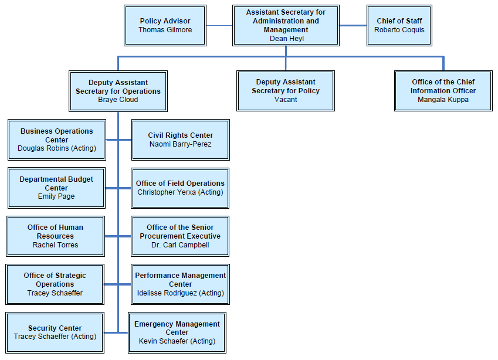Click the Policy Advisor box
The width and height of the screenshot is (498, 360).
point(165,25)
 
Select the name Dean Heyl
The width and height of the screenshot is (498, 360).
point(286,39)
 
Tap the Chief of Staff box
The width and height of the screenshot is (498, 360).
point(399,25)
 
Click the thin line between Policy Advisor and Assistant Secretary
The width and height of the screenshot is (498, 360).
point(219,25)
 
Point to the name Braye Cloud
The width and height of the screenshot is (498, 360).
point(118,100)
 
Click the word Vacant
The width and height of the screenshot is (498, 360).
point(286,100)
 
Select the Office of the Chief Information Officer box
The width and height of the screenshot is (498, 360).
point(443,91)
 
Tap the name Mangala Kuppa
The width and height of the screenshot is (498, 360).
point(443,100)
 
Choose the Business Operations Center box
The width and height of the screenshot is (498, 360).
point(56,140)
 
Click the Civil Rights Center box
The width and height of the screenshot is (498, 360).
point(180,140)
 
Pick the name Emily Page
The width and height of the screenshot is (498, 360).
point(56,196)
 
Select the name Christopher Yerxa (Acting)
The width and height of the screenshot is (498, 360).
point(180,192)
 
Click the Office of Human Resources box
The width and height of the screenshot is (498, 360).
point(55,236)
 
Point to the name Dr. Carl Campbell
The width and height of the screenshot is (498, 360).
point(180,245)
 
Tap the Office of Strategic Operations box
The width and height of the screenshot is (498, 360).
point(55,284)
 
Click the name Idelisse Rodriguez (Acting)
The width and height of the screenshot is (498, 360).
point(180,293)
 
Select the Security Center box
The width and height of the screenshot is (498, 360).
point(55,332)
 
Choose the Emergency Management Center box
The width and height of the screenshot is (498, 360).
point(177,332)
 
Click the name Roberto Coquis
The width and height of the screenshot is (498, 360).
point(399,30)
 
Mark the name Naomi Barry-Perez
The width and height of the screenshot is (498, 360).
point(180,144)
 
